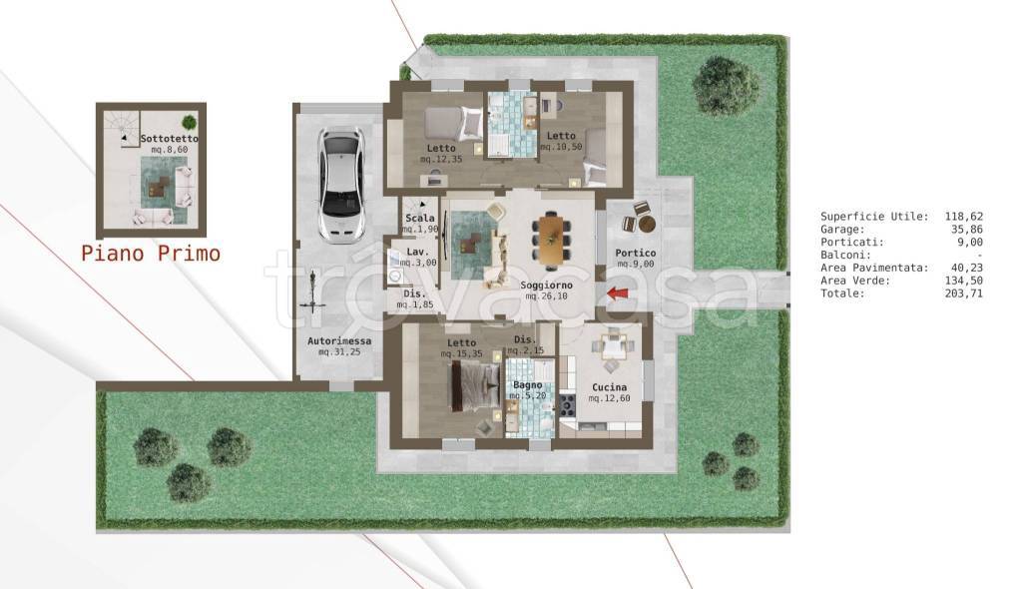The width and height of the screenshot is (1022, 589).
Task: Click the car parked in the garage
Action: [340, 186]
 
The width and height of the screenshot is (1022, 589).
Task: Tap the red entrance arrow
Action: [618, 294]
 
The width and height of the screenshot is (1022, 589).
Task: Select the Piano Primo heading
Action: [152, 254]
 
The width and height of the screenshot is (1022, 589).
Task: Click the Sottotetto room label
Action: [170, 139]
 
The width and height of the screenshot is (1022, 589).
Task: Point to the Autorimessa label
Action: [339, 340]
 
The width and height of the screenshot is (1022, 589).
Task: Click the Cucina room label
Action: [610, 386]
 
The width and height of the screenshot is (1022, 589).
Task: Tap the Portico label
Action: [636, 253]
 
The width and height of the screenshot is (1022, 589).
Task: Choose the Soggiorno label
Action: [546, 286]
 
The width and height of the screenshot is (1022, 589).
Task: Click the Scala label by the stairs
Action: [420, 218]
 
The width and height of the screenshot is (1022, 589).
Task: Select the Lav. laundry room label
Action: [417, 252]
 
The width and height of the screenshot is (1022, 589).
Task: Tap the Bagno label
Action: [527, 384]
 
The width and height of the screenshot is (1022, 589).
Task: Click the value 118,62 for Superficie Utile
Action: [964, 216]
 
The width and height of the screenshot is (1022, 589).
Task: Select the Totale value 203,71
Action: [964, 293]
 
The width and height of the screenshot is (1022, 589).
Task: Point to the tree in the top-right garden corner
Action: [726, 85]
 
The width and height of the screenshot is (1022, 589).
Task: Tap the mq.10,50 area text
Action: [561, 147]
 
